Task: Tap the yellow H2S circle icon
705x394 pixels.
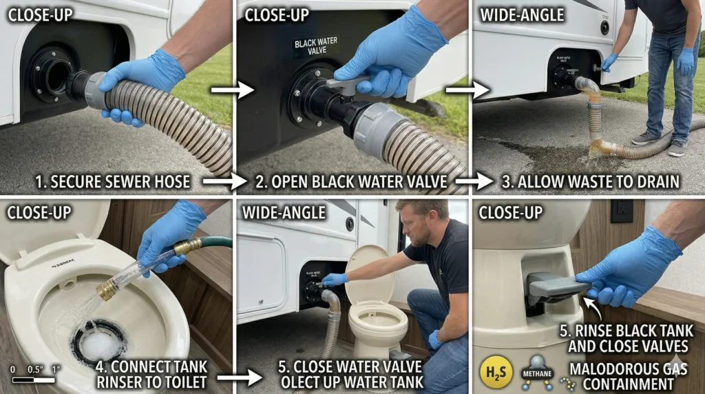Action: click(x=496, y=372)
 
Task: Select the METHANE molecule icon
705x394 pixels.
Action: click(x=537, y=369)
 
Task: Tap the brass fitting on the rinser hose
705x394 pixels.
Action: click(x=107, y=289)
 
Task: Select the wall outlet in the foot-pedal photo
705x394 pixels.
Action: click(x=621, y=211)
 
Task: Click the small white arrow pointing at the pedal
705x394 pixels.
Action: click(x=589, y=302)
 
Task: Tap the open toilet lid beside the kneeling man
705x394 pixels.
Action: click(x=369, y=273)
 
